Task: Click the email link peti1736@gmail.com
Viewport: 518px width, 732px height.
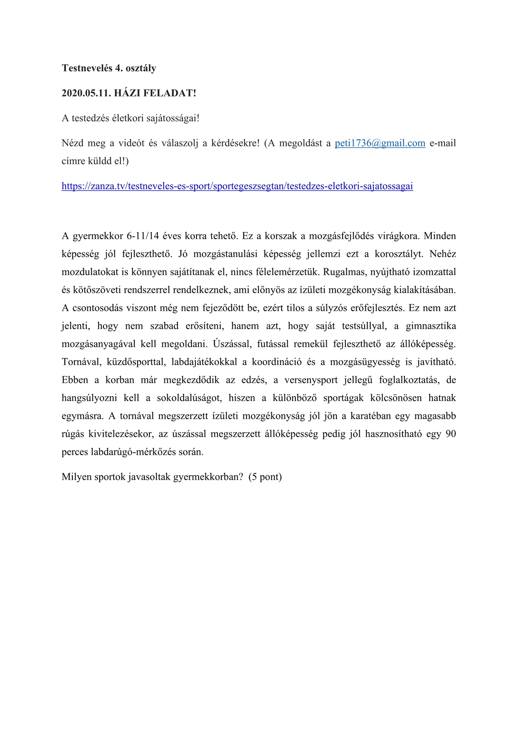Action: pyautogui.click(x=380, y=143)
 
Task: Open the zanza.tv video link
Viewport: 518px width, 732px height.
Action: pyautogui.click(x=237, y=186)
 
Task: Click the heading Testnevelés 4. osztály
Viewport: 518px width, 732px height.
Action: pyautogui.click(x=109, y=68)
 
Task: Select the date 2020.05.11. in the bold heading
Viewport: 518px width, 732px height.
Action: pyautogui.click(x=86, y=93)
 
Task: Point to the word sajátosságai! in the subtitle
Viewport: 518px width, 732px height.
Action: pyautogui.click(x=170, y=118)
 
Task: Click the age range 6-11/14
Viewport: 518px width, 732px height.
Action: pyautogui.click(x=142, y=236)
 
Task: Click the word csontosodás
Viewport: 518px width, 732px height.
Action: pyautogui.click(x=98, y=308)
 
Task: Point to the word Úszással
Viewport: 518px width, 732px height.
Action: pyautogui.click(x=231, y=344)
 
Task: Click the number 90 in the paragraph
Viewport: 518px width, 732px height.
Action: pyautogui.click(x=450, y=434)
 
